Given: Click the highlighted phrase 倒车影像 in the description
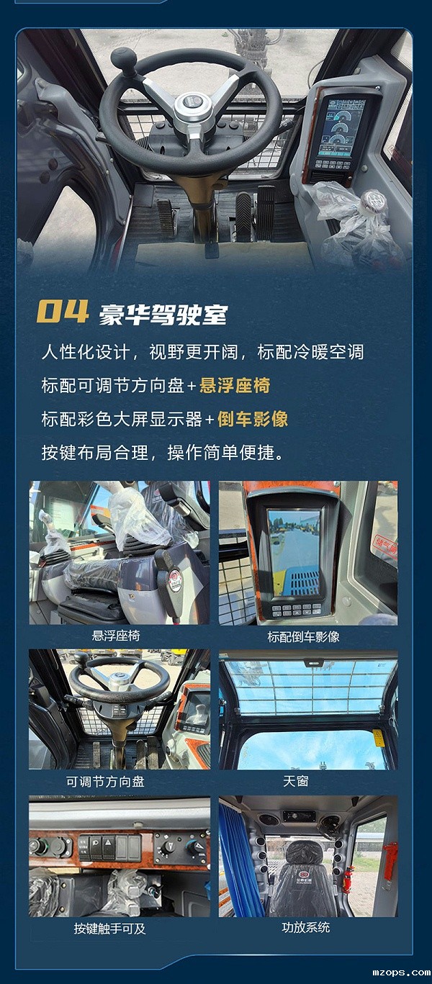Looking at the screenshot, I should click(253, 419).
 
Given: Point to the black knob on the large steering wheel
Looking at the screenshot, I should click(123, 58).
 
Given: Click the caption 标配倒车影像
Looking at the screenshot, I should click(303, 637).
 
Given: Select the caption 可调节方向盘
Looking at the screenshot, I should click(105, 781).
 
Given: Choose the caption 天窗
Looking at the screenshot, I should click(296, 780).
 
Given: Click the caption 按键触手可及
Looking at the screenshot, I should click(109, 929).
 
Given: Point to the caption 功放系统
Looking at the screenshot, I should click(305, 927).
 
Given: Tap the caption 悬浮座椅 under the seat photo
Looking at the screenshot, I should click(116, 636).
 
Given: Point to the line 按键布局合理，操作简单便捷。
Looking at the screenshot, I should click(163, 453).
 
